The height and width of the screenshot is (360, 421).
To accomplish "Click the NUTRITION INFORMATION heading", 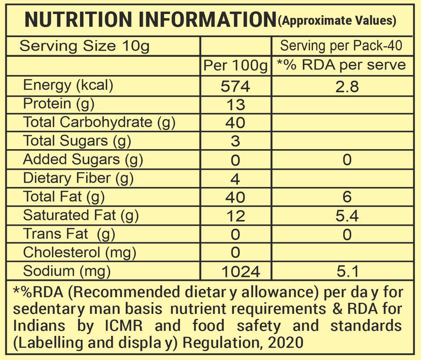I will (x=150, y=20).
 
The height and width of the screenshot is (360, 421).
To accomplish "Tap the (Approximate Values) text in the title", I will (x=337, y=20).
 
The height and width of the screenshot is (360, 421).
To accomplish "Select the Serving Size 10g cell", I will (x=85, y=46).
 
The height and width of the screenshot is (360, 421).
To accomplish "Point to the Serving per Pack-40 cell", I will (x=341, y=46).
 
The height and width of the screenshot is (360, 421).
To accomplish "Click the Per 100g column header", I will (x=235, y=65).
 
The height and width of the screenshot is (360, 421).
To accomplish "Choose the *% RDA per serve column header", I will (x=341, y=65).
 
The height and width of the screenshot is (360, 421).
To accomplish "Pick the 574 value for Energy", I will (x=236, y=86).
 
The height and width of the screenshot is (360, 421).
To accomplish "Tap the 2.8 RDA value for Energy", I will (x=347, y=86).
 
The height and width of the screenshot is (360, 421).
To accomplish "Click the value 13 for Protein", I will (x=236, y=105).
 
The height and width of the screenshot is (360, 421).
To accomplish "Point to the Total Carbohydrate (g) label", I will (x=99, y=122).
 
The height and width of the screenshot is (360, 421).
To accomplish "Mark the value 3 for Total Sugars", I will (x=236, y=141).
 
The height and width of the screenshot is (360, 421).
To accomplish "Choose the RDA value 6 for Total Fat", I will (x=347, y=197).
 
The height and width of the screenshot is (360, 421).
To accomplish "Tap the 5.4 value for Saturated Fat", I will (x=347, y=216).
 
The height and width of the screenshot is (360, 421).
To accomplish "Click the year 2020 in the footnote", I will (x=287, y=343).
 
